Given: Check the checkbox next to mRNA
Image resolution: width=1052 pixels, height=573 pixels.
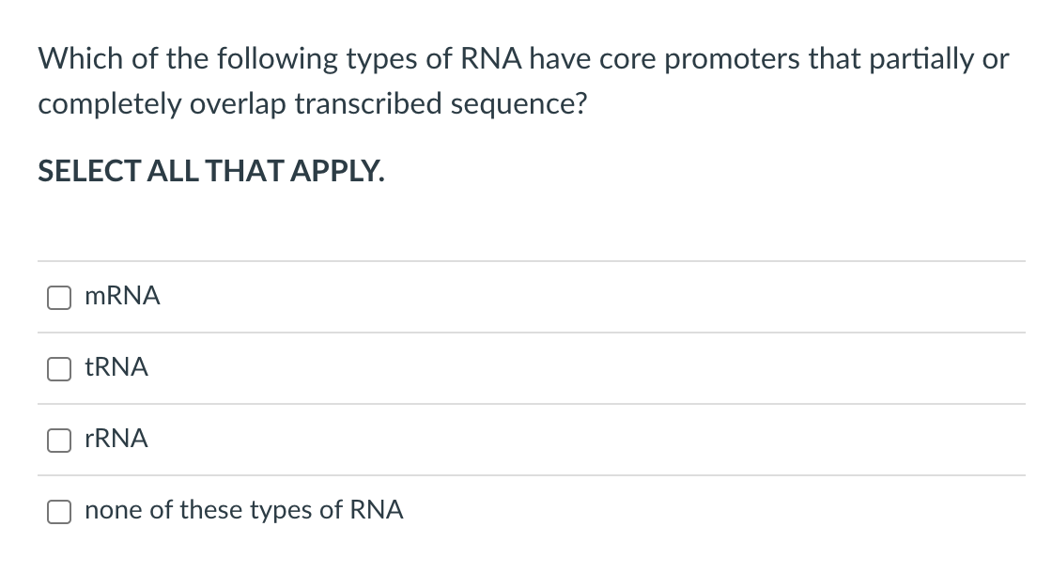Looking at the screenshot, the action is click(x=59, y=297).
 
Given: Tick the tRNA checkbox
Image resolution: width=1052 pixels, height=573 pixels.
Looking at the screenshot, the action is click(x=59, y=368).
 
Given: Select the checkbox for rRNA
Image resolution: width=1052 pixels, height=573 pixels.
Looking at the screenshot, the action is click(x=59, y=441).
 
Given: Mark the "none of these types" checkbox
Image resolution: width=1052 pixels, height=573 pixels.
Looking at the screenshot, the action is click(x=59, y=511).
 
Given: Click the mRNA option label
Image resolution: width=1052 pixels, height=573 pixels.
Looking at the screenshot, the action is click(x=122, y=296).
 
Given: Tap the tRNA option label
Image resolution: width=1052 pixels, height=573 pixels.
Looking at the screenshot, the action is click(x=116, y=367).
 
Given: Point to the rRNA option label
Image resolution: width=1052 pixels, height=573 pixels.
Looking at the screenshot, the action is click(x=116, y=439).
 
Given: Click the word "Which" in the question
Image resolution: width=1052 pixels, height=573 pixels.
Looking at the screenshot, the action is click(x=81, y=59).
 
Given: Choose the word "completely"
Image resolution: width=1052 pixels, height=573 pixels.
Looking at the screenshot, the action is click(x=109, y=105).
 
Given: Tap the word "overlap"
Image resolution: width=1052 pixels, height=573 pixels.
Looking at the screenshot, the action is click(x=238, y=105).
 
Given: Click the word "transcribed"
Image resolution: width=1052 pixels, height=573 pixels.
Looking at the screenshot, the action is click(x=368, y=104).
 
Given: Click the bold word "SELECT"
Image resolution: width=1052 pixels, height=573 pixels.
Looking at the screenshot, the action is click(x=88, y=171).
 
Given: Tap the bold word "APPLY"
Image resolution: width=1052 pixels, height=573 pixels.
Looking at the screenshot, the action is click(x=337, y=171).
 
